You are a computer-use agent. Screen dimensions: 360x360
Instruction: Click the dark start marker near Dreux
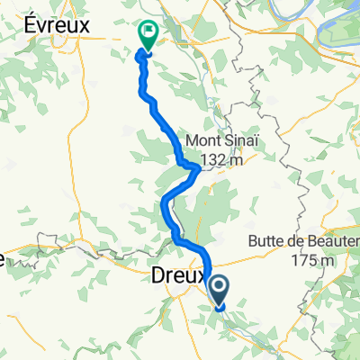(x=220, y=291)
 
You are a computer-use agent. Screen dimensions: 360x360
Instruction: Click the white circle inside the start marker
(x=220, y=288)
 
